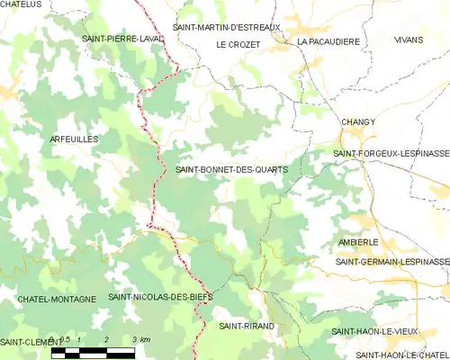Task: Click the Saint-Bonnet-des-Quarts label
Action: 232,169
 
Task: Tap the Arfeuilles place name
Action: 75,139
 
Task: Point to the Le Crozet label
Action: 238,44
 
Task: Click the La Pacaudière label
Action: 328,41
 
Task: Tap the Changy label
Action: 358,121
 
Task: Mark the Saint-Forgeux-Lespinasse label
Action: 391,154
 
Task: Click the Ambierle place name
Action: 358,242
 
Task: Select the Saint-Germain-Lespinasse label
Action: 392,261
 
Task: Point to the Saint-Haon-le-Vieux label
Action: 374,331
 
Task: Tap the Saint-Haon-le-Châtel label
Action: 390,355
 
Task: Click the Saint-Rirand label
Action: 247,326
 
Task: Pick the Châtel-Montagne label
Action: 56,298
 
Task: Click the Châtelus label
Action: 22,4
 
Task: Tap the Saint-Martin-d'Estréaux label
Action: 228,27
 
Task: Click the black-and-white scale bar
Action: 93,352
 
